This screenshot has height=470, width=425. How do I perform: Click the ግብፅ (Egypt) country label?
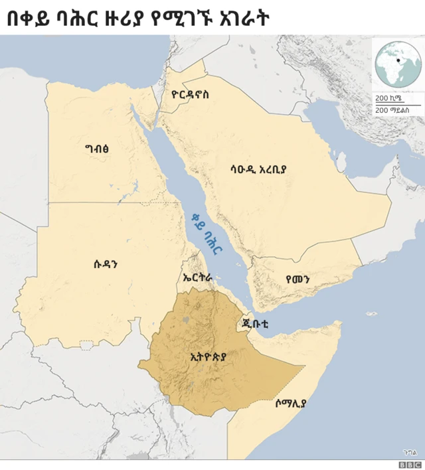(97, 149)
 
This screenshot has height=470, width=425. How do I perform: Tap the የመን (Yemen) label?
(297, 279)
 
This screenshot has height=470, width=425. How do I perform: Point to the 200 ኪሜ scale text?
(388, 98)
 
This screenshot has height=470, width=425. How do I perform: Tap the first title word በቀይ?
(27, 19)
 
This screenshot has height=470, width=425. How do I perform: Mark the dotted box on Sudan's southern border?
(87, 345)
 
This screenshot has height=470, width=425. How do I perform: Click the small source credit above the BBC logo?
(410, 452)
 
